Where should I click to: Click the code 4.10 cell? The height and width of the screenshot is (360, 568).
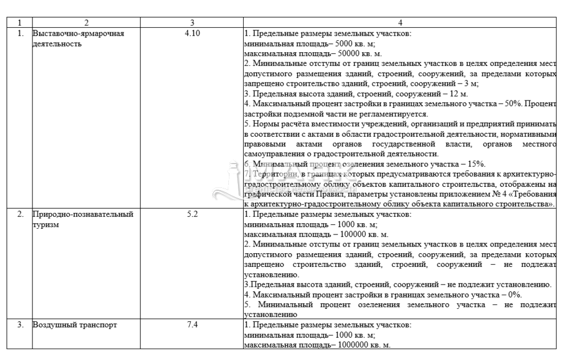point(193,33)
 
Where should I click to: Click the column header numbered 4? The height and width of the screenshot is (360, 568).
point(400,23)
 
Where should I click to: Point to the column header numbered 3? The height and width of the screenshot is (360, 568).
point(193,23)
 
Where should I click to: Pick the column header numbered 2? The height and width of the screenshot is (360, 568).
point(87,23)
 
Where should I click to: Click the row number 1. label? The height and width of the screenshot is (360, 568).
point(20,33)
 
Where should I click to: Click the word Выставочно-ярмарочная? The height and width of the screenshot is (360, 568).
point(78,33)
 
